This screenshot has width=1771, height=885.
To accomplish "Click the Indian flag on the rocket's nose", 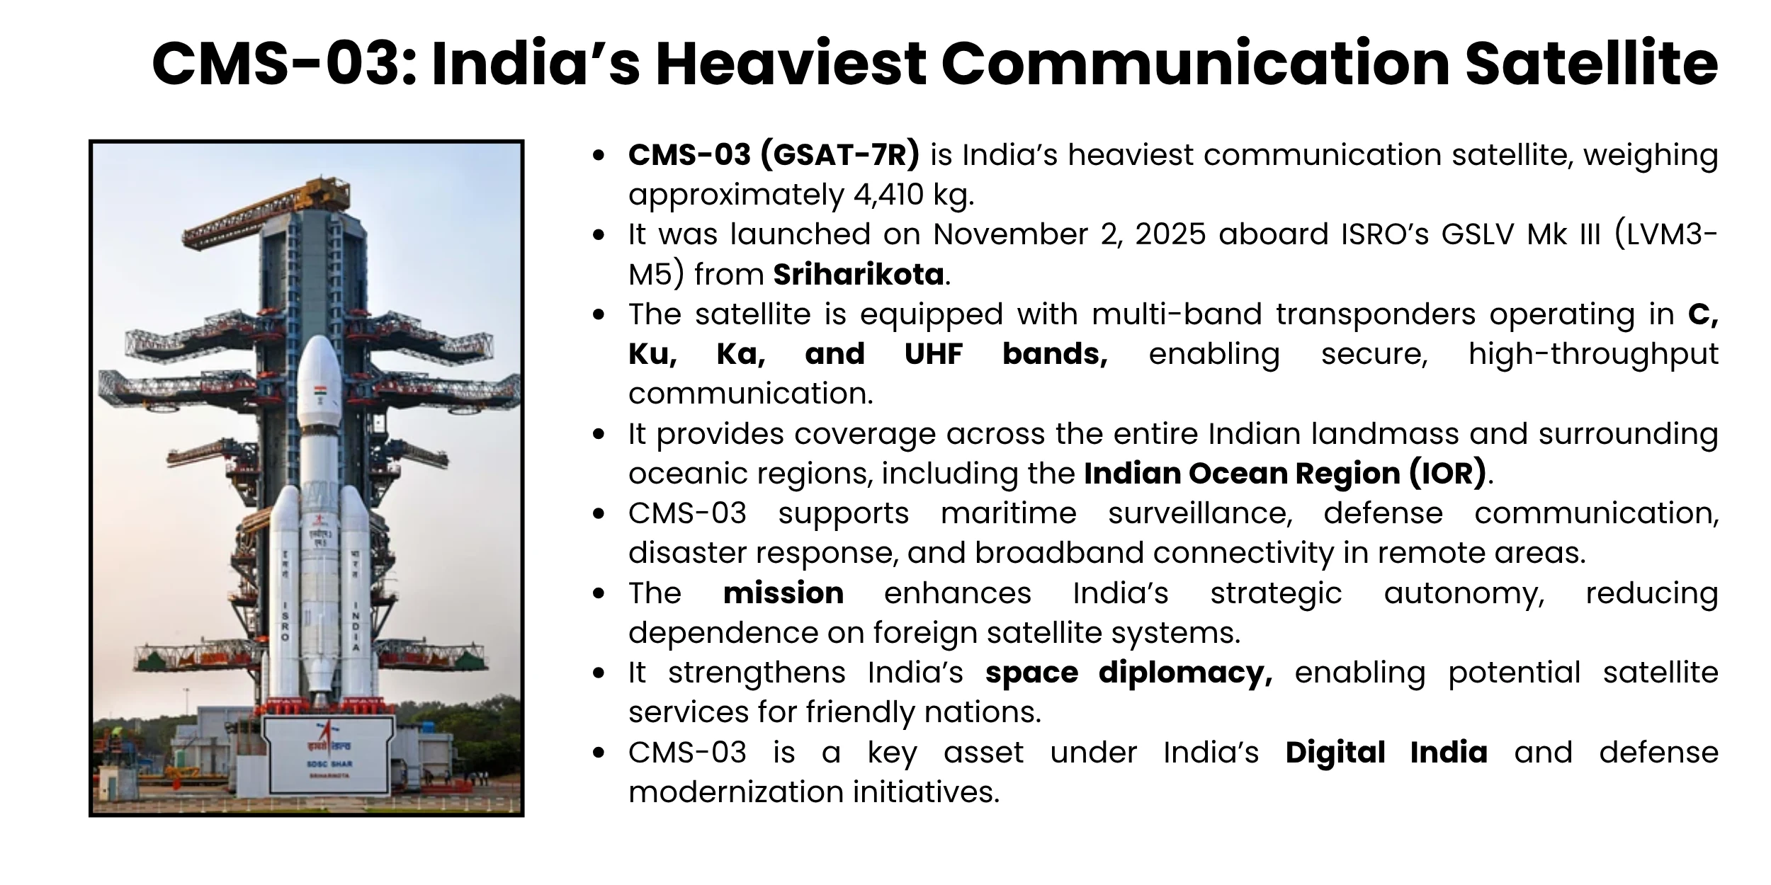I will click(319, 392).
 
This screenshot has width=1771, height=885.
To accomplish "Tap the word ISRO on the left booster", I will click(285, 620).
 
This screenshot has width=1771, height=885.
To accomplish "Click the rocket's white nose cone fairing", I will click(318, 375).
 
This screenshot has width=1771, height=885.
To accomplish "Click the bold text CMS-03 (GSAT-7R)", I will click(774, 155).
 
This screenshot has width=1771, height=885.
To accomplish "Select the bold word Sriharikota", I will click(858, 275).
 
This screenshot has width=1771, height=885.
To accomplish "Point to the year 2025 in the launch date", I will click(1170, 234).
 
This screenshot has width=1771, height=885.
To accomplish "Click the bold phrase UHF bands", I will click(1006, 354).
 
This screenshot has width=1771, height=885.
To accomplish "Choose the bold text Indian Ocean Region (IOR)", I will click(1284, 474).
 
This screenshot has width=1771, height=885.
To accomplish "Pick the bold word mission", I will click(783, 593).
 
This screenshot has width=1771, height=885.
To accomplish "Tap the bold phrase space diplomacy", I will click(1128, 673).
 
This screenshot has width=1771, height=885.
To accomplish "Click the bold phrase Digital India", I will click(1386, 753).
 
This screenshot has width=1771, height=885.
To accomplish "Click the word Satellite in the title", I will click(1591, 64).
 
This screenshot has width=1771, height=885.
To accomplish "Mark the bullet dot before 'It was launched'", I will click(599, 234).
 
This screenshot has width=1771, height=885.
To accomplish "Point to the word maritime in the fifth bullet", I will click(1008, 513).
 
